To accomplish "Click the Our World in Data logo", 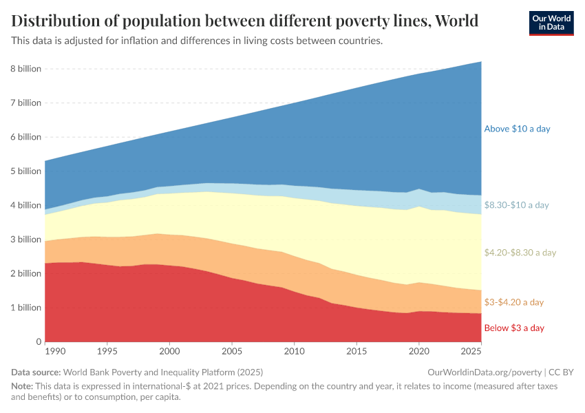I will click(x=551, y=23).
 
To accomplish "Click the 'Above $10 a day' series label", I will click(x=517, y=129).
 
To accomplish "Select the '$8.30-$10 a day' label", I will click(x=516, y=205).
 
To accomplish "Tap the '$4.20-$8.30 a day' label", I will click(x=520, y=253).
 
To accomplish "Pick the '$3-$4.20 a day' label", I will click(x=513, y=302).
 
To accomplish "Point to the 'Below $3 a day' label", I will click(x=513, y=328).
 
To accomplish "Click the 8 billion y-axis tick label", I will click(x=25, y=69).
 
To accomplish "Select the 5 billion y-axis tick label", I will click(x=25, y=171).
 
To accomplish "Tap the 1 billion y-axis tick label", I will click(x=25, y=308).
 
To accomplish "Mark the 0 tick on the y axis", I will click(x=39, y=342).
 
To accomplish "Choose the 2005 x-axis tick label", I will click(x=232, y=352).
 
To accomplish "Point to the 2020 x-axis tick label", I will click(x=418, y=352).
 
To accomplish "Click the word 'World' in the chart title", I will click(x=454, y=21).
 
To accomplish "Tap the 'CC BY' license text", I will click(x=560, y=372).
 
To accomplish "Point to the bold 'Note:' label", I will click(x=23, y=387).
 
